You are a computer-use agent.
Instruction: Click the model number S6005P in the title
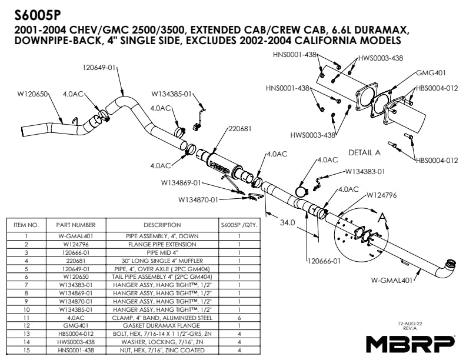click(36, 13)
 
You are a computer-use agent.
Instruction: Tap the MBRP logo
click(411, 342)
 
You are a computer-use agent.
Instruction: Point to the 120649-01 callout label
click(99, 67)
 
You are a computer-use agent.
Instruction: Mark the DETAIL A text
click(365, 152)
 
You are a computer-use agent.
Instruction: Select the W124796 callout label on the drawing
click(381, 195)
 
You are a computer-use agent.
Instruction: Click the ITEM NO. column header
click(26, 225)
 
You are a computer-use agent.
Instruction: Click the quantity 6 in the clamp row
click(239, 317)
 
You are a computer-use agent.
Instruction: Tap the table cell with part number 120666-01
click(76, 251)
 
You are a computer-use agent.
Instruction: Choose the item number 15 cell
click(26, 351)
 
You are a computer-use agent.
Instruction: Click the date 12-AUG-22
click(411, 323)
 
